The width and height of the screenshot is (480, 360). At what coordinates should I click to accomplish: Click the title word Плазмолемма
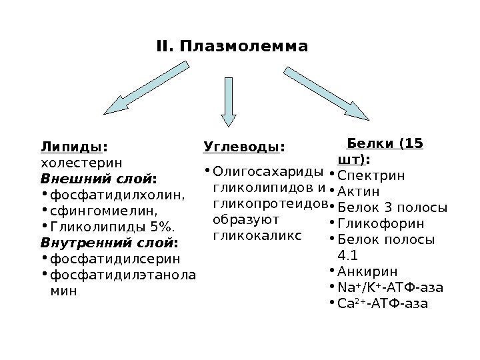point(243,47)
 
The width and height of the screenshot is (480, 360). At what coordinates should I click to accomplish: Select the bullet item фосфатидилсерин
point(115,258)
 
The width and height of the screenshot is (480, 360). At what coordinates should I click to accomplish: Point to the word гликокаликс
point(256,235)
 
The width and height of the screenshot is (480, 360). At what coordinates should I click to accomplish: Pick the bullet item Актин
point(363,191)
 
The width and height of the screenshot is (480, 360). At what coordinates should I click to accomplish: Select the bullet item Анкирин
point(367,271)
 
